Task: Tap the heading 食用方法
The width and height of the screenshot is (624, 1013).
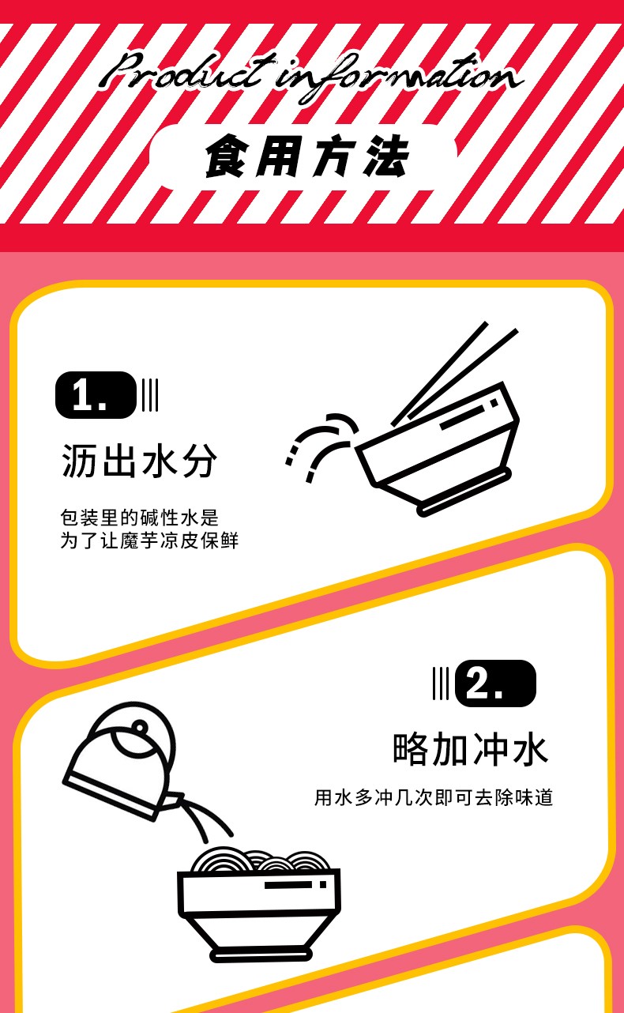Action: pyautogui.click(x=307, y=156)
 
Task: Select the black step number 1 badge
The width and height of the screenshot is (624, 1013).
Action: pyautogui.click(x=96, y=395)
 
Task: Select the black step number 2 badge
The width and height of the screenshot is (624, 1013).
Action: pyautogui.click(x=495, y=683)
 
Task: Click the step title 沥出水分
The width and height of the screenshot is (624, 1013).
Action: pyautogui.click(x=139, y=461)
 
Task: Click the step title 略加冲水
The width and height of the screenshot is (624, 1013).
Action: pyautogui.click(x=471, y=749)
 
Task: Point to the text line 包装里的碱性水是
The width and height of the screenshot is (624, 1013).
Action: pyautogui.click(x=139, y=518)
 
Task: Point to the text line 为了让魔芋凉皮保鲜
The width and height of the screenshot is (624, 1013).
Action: pyautogui.click(x=149, y=540)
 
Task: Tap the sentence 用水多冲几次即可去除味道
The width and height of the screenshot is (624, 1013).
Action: pyautogui.click(x=434, y=797)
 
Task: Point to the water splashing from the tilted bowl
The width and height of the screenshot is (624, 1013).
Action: pyautogui.click(x=321, y=446)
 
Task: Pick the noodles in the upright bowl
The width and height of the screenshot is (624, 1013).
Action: pyautogui.click(x=261, y=860)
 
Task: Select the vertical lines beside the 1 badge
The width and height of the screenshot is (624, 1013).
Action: pyautogui.click(x=149, y=395)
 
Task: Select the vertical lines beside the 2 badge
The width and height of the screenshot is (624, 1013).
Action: pyautogui.click(x=441, y=683)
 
